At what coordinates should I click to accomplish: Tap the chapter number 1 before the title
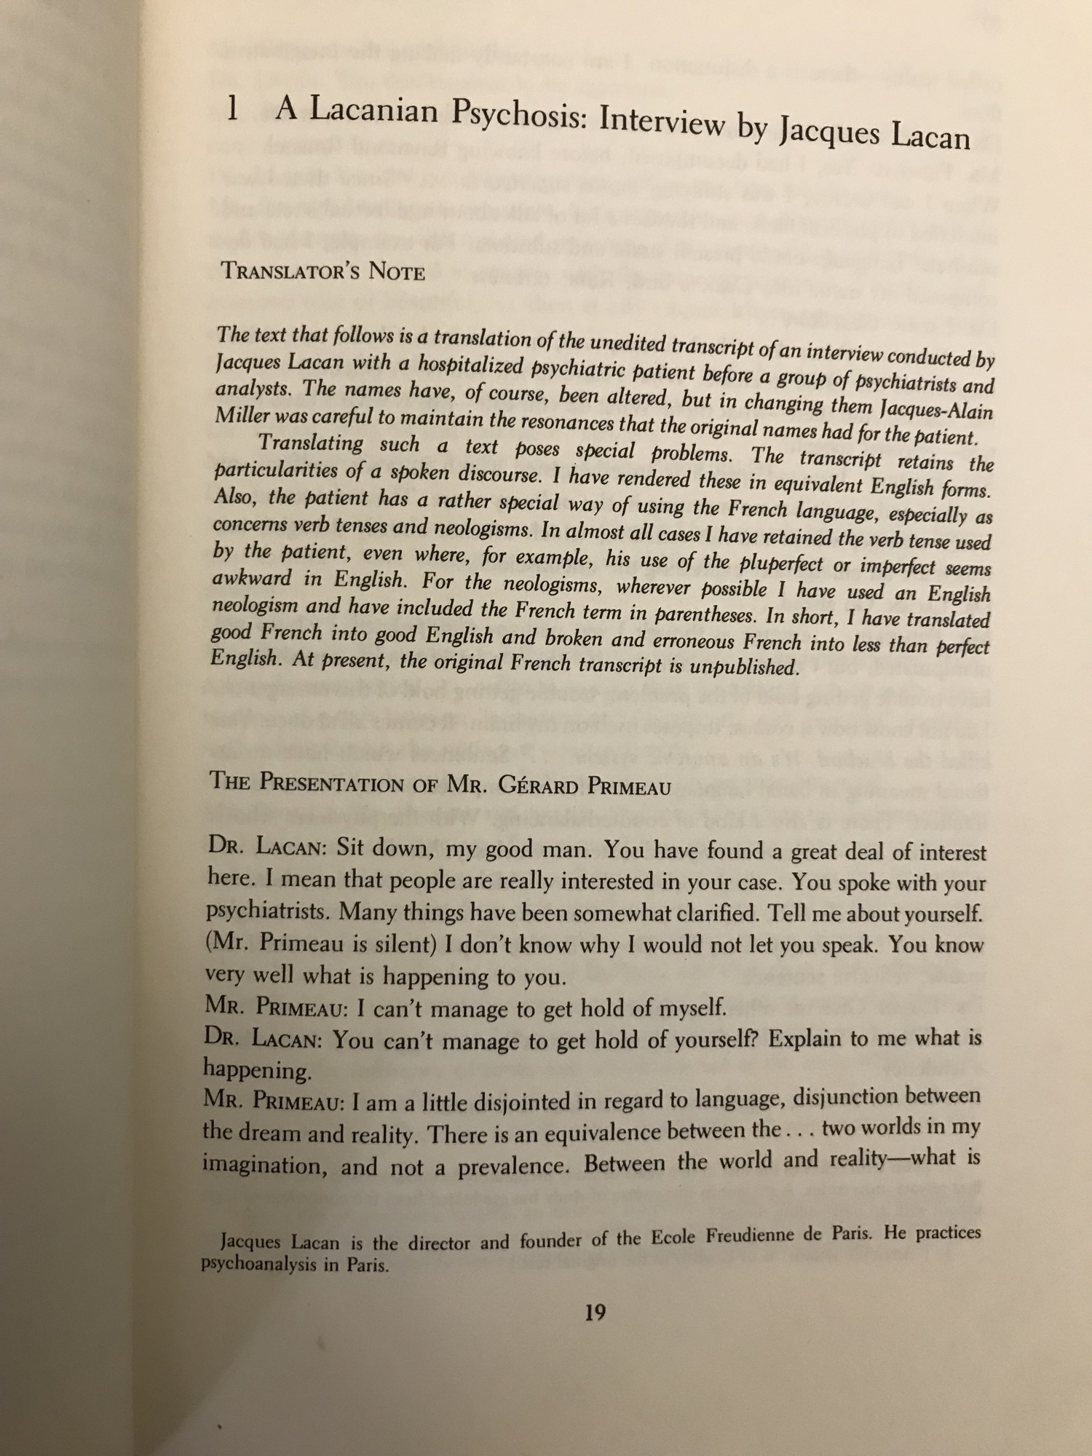pos(232,110)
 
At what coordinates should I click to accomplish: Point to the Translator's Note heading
pos(323,271)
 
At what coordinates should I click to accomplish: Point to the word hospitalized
pos(460,365)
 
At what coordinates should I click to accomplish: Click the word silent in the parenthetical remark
pos(400,943)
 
